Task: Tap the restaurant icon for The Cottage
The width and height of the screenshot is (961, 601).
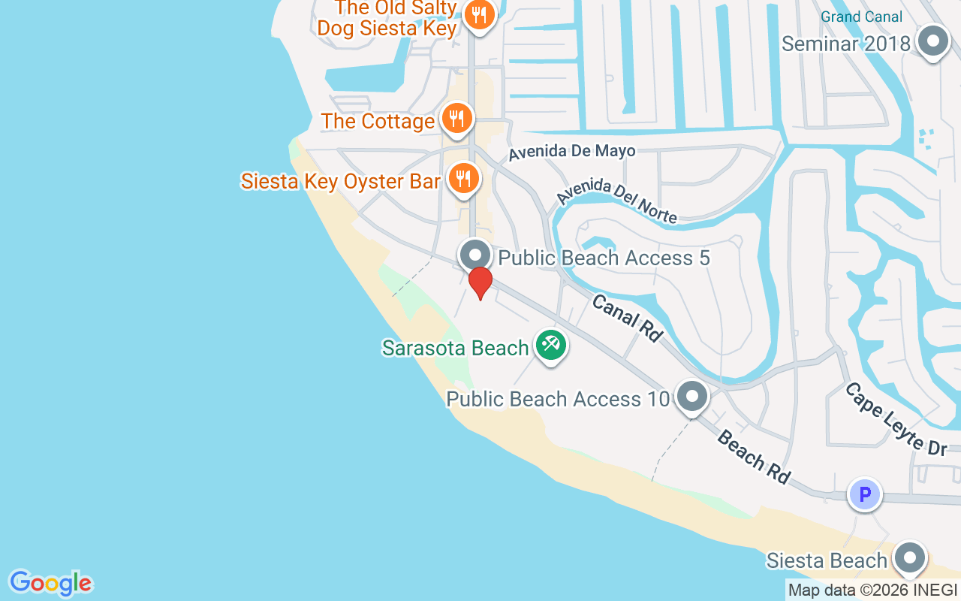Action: [456, 118]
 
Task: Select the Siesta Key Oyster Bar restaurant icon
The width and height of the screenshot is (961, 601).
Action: [464, 179]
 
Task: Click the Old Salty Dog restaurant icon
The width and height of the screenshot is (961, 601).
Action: [479, 14]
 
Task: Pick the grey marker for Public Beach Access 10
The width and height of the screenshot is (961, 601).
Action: [691, 396]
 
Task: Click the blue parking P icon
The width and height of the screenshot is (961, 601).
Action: [864, 495]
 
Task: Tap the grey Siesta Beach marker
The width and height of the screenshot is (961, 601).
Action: [911, 558]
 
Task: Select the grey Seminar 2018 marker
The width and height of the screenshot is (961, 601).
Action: [934, 42]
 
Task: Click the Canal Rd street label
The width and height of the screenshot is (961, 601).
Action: [627, 318]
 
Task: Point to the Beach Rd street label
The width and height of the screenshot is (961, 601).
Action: [753, 457]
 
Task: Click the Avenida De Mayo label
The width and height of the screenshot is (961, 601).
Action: [572, 152]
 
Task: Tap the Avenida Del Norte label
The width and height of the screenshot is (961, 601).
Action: [617, 203]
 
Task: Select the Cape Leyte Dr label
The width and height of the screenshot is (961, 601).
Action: [895, 419]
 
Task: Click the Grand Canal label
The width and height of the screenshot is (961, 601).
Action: [861, 17]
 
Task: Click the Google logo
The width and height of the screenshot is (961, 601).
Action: [50, 583]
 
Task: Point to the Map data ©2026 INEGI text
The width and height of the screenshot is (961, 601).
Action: [872, 590]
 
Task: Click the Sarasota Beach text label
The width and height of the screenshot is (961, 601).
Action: [455, 348]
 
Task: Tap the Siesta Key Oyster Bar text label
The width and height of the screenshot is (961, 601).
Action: [340, 181]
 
